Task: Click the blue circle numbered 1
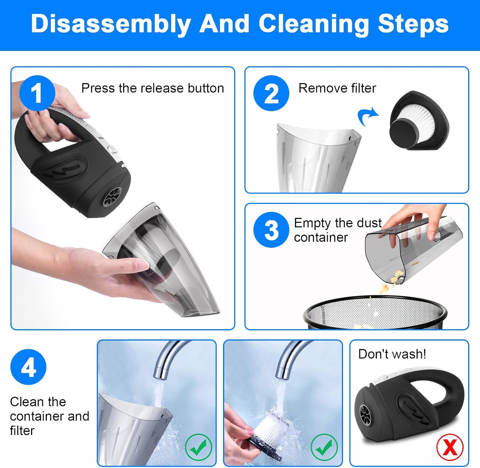click(x=37, y=93)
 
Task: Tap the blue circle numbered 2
click(x=271, y=93)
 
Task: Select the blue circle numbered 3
click(x=271, y=230)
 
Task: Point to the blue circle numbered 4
click(x=28, y=367)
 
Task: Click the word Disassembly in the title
click(x=111, y=24)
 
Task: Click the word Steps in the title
click(x=413, y=24)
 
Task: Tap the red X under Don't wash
click(x=450, y=447)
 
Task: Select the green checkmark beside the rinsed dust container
click(x=198, y=447)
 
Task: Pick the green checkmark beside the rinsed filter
click(x=324, y=447)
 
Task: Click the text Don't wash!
click(x=392, y=354)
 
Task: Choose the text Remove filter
click(x=337, y=88)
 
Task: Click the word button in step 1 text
click(x=206, y=88)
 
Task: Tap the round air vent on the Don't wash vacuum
click(x=364, y=414)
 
